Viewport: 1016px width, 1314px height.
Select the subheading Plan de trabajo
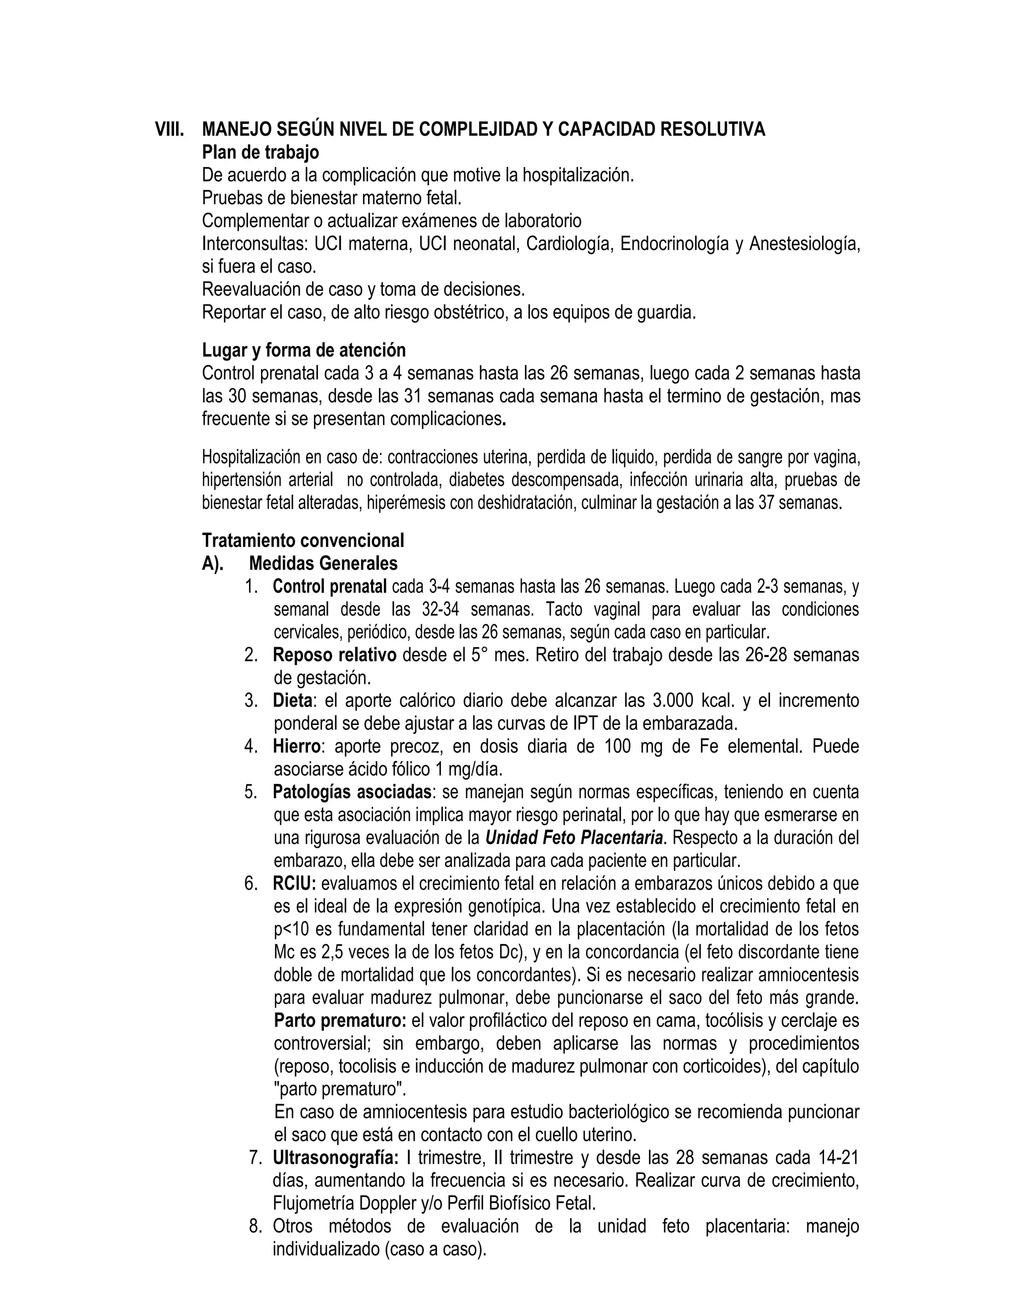260,152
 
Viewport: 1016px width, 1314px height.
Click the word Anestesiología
804,243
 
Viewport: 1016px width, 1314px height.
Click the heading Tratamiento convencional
303,540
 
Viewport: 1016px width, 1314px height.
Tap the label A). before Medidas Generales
212,563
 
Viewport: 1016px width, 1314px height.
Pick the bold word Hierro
296,746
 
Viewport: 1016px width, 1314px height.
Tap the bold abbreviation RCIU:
294,883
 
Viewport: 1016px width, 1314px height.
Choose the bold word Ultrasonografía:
335,1158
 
